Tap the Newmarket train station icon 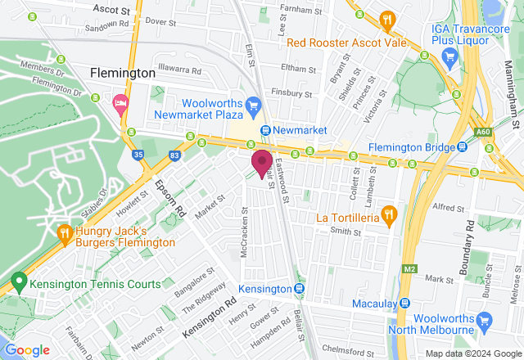266,131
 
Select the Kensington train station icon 300,289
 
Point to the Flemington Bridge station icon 463,147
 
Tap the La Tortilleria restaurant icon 390,217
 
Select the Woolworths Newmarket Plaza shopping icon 254,105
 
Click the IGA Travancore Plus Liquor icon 449,56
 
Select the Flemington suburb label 123,73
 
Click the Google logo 27,350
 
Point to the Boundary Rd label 468,246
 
